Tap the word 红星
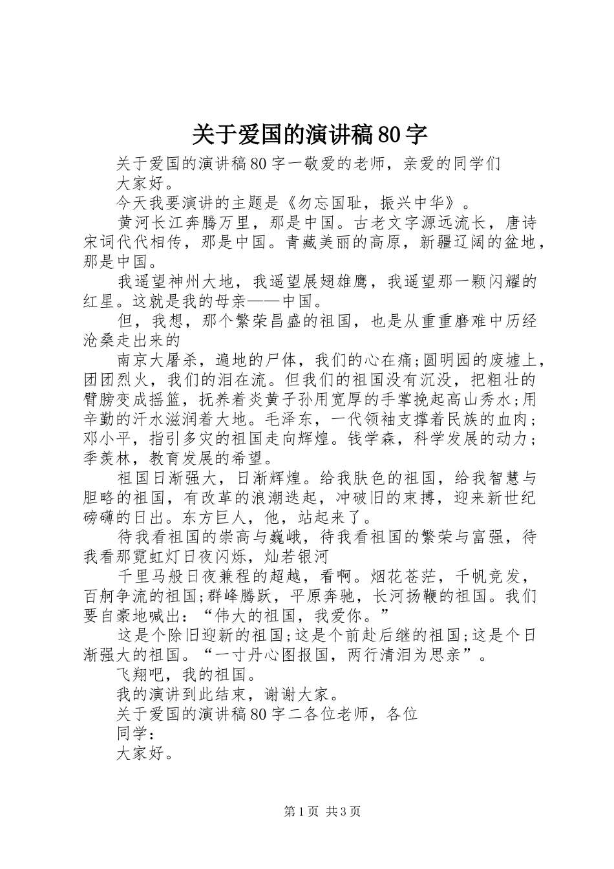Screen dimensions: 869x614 tap(100, 301)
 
